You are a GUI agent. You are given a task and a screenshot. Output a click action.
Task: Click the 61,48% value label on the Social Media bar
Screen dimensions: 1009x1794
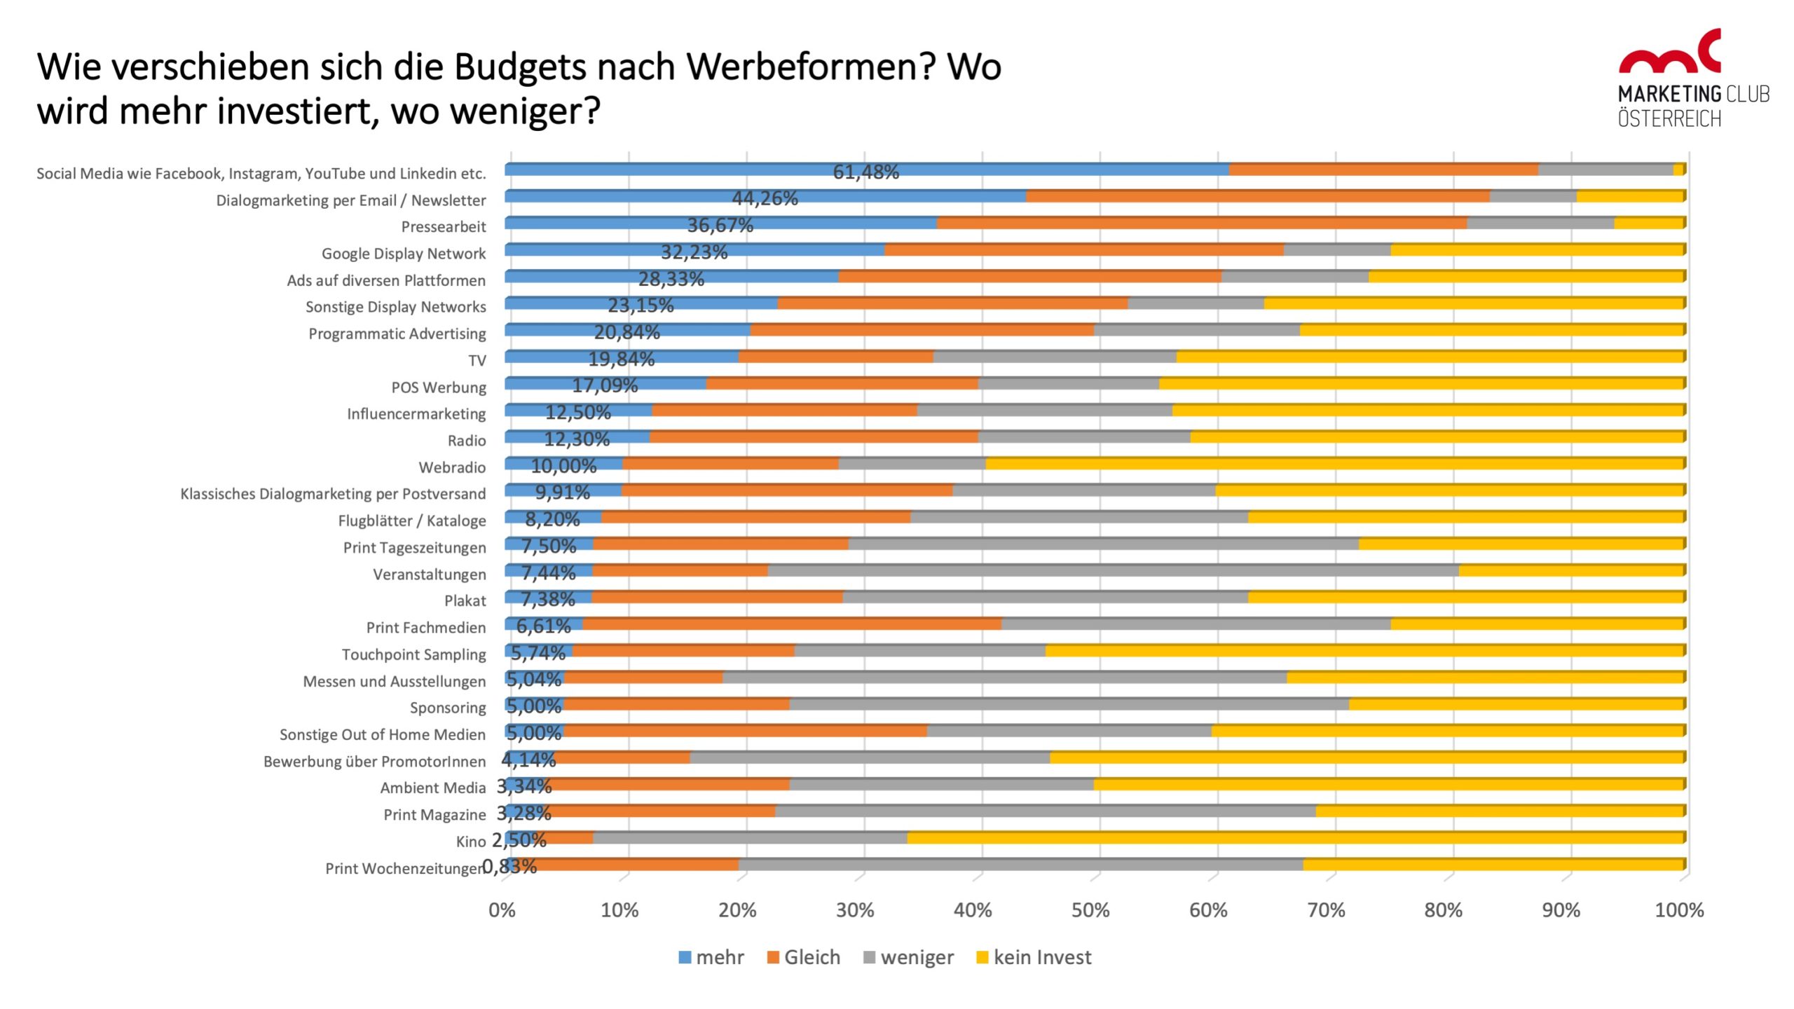click(865, 172)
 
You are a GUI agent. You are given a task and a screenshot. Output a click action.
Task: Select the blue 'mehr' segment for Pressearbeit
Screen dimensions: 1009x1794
click(596, 223)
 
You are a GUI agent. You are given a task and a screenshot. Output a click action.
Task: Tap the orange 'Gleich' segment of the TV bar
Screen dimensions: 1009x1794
click(835, 357)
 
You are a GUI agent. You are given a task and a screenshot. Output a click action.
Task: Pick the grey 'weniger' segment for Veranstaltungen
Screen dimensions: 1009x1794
click(1113, 570)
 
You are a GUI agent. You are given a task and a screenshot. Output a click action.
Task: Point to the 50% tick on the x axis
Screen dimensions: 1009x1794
click(1090, 910)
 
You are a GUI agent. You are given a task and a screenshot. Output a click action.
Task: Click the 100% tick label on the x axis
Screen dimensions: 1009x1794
click(1679, 910)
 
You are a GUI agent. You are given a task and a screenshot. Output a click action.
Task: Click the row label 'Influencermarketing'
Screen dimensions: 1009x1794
click(416, 414)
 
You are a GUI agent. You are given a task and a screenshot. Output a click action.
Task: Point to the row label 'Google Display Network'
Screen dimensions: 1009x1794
click(404, 254)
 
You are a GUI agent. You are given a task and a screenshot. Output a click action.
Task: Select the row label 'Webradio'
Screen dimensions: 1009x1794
click(452, 467)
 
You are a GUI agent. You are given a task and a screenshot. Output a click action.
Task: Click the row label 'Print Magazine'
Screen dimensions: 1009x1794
click(434, 815)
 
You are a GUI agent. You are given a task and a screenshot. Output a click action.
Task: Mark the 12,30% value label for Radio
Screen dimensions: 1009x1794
click(577, 439)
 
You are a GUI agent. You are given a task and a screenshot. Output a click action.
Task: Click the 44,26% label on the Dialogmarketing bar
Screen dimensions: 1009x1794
click(765, 198)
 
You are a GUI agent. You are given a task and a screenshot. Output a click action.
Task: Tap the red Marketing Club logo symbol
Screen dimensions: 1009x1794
click(1669, 53)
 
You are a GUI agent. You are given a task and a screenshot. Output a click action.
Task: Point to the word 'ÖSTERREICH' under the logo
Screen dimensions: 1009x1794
click(1669, 119)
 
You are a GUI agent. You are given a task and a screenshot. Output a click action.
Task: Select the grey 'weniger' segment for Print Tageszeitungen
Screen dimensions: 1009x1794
click(1103, 544)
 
